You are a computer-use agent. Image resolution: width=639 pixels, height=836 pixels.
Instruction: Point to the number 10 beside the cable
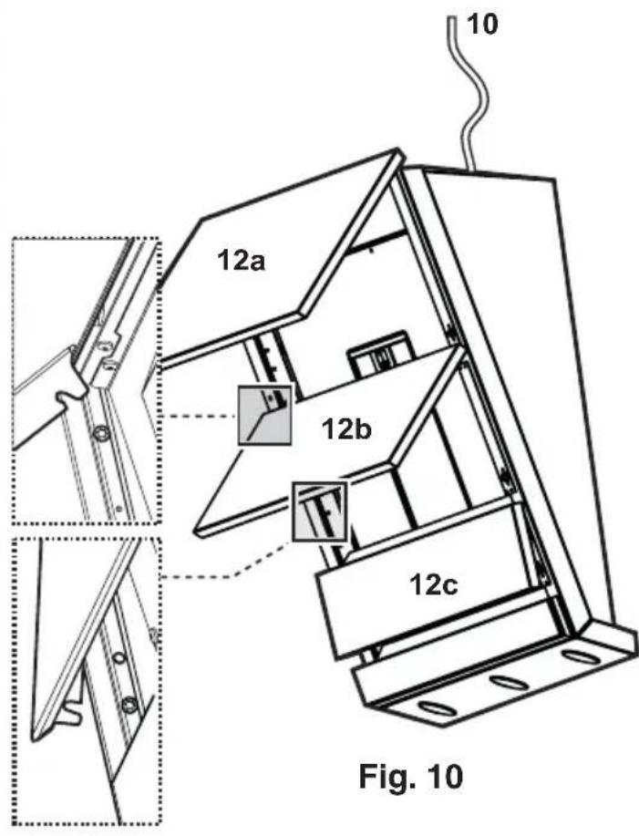point(483,26)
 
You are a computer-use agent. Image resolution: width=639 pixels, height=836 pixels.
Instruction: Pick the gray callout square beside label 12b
point(265,414)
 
